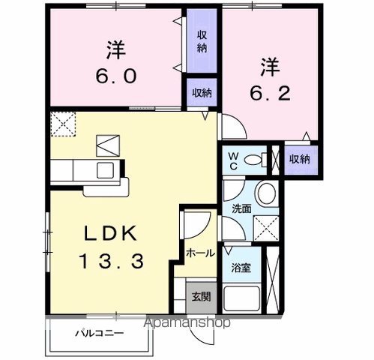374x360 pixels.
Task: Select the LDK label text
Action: point(110,233)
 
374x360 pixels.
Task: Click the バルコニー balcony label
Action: point(99,333)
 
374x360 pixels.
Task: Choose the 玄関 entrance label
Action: point(200,296)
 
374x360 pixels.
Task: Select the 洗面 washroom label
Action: point(240,208)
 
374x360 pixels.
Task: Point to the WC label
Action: point(233,160)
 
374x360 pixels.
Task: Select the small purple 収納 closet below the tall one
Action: point(201,93)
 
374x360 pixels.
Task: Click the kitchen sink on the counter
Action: point(103,169)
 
